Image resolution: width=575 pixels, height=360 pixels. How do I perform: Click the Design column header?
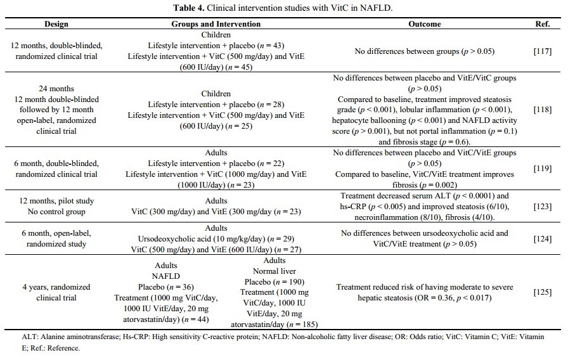pos(56,24)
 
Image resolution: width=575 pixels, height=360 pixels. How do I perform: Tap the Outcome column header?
pos(424,24)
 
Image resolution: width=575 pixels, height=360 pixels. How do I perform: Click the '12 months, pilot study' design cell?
pos(56,201)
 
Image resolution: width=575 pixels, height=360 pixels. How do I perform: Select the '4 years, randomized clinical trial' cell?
pos(56,292)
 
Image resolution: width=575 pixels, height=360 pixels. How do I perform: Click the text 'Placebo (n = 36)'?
pos(166,288)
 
